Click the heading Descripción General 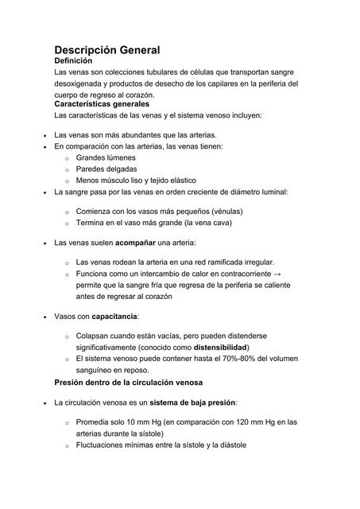(x=106, y=49)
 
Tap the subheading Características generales (x=101, y=104)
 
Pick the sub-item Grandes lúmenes (x=106, y=157)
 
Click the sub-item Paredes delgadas (x=106, y=169)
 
